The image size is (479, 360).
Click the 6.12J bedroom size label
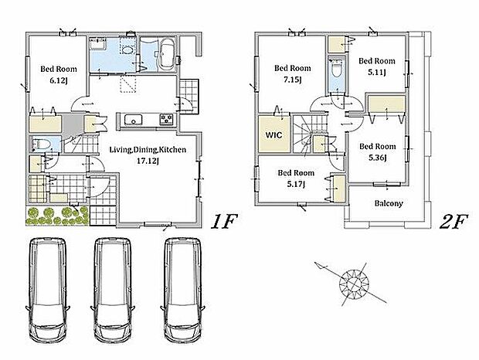pos(59,81)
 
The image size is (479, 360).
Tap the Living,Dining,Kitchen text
pos(148,150)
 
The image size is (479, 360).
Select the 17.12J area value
pos(148,161)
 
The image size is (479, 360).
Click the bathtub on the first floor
pos(166,55)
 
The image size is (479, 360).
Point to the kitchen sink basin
pos(133,120)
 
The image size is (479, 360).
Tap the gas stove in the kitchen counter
pos(166,119)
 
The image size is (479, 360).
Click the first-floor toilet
pos(41,144)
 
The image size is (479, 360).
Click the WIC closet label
pos(273,134)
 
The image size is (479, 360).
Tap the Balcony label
pos(389,203)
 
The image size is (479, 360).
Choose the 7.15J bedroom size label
pos(293,80)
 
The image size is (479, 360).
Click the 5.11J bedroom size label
pos(377,73)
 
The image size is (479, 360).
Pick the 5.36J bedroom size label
pos(378,158)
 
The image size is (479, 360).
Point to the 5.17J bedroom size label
pos(296,184)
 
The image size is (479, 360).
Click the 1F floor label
pos(224,222)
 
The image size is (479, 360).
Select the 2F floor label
pos(454,222)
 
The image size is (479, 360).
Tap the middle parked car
pos(113,290)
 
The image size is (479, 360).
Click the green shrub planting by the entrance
pos(57,216)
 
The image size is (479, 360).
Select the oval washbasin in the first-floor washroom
pos(127,49)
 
